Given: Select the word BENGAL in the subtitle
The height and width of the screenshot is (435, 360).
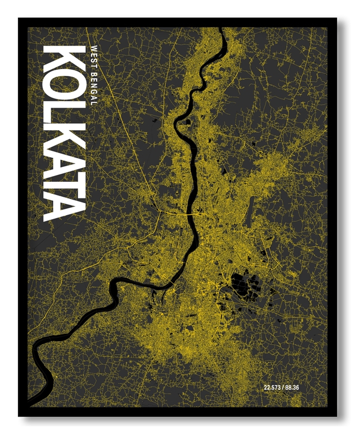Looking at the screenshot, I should click(x=93, y=87).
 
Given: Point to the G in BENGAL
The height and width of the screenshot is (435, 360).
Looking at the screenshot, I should click(x=93, y=91).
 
